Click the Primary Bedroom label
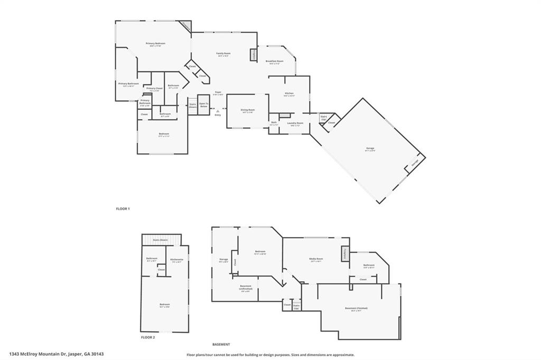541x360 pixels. (x=156, y=44)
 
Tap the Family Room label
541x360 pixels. (x=223, y=54)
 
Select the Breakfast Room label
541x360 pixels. (x=275, y=62)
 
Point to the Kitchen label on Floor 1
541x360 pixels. (x=288, y=94)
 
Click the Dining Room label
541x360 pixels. (x=247, y=111)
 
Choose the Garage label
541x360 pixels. (x=370, y=149)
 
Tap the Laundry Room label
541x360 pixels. (x=295, y=124)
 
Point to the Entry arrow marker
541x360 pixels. (x=218, y=110)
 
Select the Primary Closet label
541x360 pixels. (x=154, y=89)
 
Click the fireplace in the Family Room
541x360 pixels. (x=253, y=55)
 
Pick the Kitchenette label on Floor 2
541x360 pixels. (x=177, y=260)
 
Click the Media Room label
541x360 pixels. (x=316, y=259)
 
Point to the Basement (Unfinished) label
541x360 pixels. (x=246, y=288)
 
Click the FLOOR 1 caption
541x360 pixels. (x=123, y=209)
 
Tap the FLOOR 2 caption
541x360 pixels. (x=148, y=337)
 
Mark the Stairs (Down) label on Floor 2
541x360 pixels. (x=161, y=240)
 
